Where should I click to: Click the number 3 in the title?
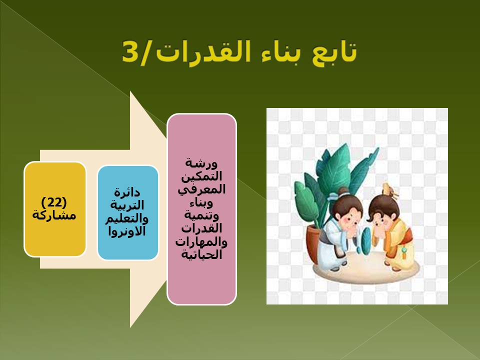(130, 51)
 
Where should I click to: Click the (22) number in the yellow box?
(54, 202)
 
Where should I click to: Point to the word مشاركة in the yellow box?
(54, 215)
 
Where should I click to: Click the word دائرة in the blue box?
(127, 192)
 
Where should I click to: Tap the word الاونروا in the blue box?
(127, 231)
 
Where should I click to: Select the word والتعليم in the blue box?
(127, 218)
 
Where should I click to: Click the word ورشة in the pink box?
(201, 163)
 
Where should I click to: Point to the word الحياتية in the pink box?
(201, 254)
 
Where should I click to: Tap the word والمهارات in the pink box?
(201, 242)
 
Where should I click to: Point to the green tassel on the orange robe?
(403, 251)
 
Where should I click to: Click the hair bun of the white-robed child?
(343, 191)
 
